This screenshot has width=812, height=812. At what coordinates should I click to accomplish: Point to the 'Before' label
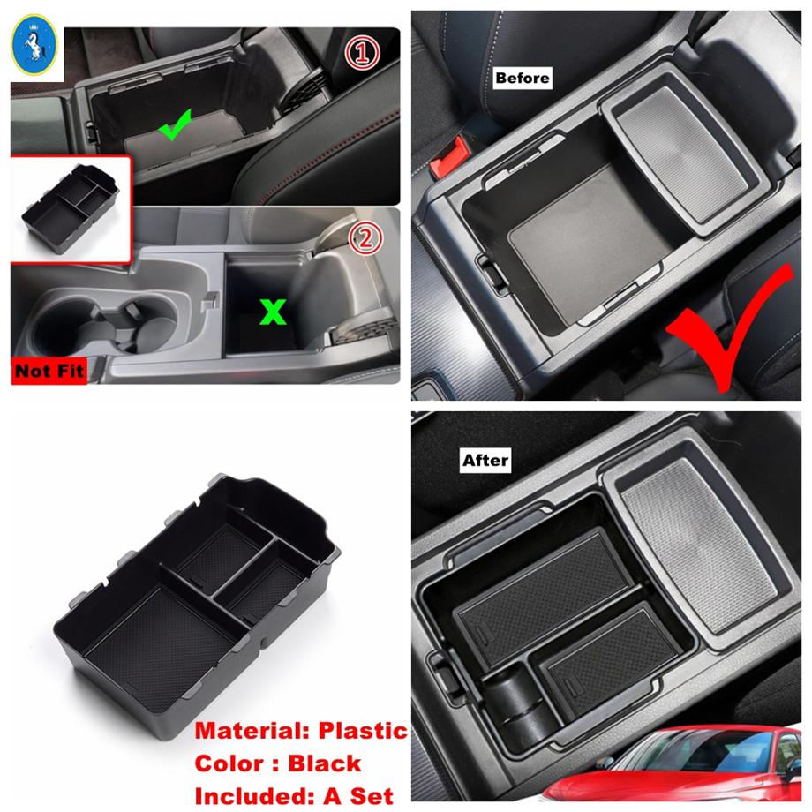point(523,78)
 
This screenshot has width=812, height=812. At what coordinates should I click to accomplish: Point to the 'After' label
point(485,461)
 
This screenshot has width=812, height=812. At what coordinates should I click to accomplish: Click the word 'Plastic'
point(359,731)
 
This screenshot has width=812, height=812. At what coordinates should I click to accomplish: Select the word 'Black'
point(323,763)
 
